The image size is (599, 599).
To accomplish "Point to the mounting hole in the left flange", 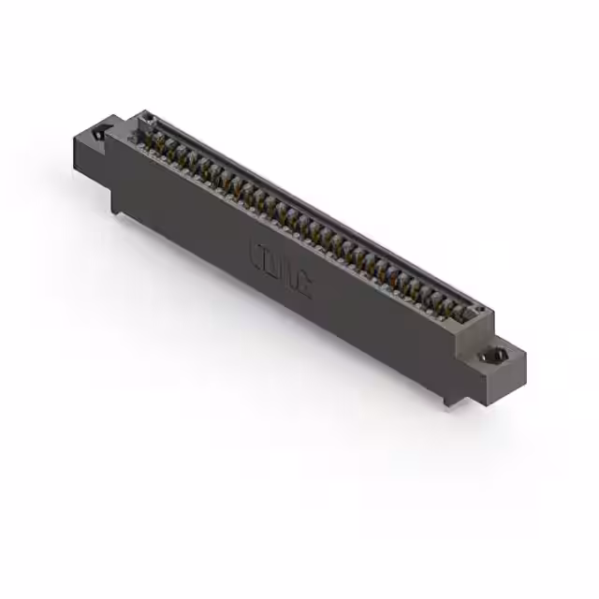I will [x=99, y=138].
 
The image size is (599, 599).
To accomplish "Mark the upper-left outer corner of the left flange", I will [x=73, y=137].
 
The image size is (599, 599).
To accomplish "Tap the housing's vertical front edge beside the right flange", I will [x=458, y=357].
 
